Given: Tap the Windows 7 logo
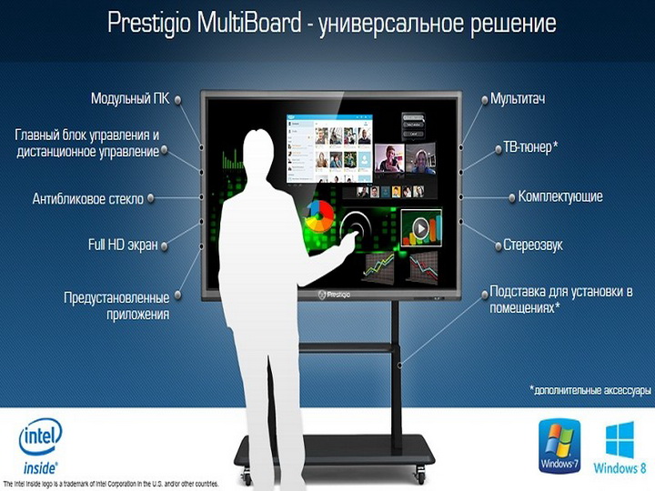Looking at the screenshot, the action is click(559, 446).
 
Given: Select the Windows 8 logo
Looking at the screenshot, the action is click(620, 448).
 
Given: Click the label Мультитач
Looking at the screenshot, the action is click(518, 99).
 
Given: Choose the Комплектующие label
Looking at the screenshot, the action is click(560, 196).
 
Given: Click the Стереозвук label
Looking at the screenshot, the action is click(533, 245).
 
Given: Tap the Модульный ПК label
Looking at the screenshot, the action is click(130, 99).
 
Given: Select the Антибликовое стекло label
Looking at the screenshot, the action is click(88, 199).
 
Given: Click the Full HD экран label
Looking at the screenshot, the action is click(123, 245).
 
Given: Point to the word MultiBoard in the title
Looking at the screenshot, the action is click(248, 23).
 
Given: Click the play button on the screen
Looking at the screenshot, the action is click(420, 228).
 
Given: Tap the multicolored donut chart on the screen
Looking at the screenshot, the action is click(319, 215).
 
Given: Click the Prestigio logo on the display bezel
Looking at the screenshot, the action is click(334, 295).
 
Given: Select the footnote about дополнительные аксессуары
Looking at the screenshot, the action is click(589, 390).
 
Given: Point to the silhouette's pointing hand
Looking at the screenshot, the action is click(348, 242).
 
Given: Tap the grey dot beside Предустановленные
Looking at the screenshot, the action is click(178, 295).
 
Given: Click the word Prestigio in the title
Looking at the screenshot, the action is click(149, 24).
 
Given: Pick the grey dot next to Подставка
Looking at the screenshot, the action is click(485, 295).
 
